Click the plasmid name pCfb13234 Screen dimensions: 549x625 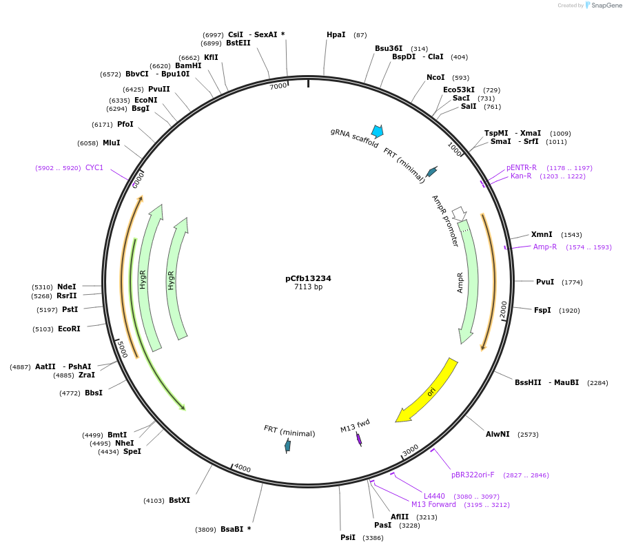tap(308, 278)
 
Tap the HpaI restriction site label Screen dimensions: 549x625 tap(336, 34)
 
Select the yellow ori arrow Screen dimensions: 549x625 tap(428, 391)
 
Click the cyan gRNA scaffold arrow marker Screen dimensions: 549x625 tap(377, 131)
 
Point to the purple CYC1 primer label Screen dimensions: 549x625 tap(94, 167)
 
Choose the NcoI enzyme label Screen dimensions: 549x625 tap(436, 78)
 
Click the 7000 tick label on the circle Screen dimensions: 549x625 tap(278, 86)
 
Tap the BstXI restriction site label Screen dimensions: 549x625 tap(179, 500)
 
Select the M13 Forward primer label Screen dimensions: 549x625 tap(433, 504)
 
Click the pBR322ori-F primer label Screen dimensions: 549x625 tap(473, 475)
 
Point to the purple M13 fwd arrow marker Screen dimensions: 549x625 tap(359, 438)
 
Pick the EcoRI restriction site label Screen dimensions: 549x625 tap(69, 329)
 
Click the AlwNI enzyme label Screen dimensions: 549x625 tap(498, 434)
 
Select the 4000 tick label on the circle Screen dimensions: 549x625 tap(243, 468)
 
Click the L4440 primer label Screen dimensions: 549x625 tap(434, 496)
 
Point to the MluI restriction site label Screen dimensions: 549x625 tap(111, 143)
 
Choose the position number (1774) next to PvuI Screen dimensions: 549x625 tap(572, 282)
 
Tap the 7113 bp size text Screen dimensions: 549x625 tap(308, 287)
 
